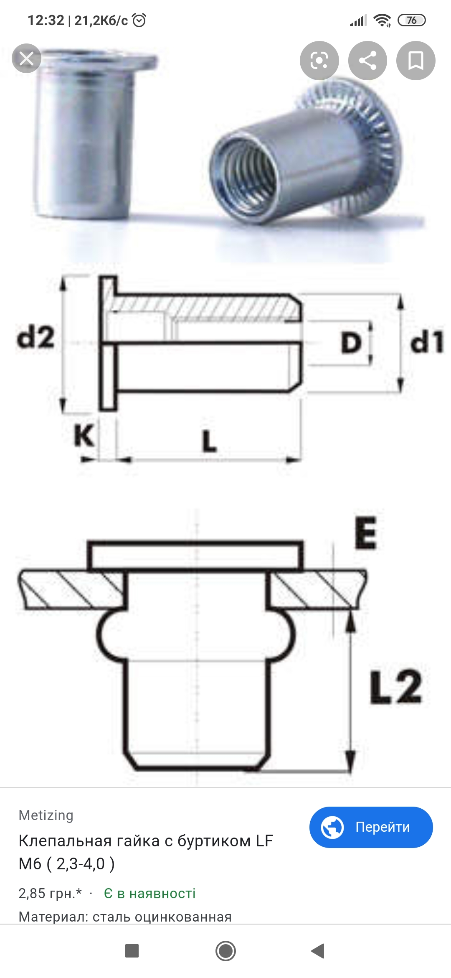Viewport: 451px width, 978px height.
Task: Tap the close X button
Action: (x=26, y=59)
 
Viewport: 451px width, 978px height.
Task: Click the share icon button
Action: (x=367, y=61)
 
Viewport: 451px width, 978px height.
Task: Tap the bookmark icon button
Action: (x=416, y=61)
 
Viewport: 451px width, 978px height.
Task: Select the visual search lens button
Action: (x=319, y=61)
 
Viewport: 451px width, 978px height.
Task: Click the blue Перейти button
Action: (x=371, y=827)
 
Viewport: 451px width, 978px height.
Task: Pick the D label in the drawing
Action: (x=351, y=343)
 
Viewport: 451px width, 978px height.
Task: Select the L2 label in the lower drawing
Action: (x=396, y=687)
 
